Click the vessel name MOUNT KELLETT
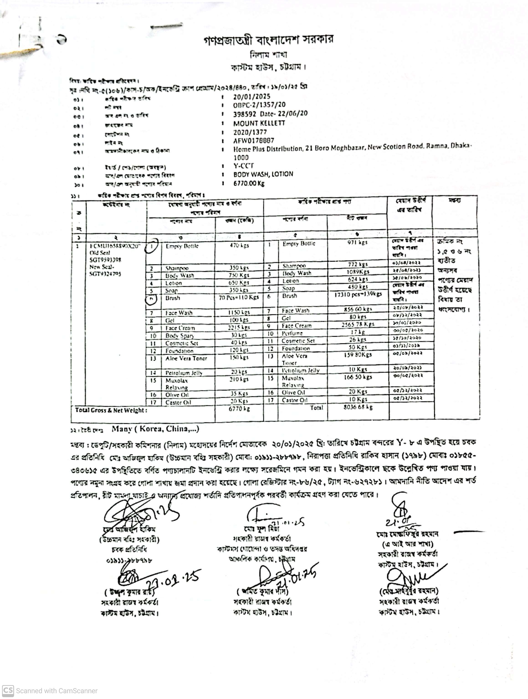click(x=259, y=123)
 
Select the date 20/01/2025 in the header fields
click(x=252, y=97)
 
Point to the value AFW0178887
click(x=254, y=141)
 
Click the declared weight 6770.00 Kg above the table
click(x=249, y=183)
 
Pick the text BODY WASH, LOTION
click(x=263, y=174)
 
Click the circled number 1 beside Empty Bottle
click(x=152, y=247)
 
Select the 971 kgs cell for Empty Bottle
click(x=357, y=242)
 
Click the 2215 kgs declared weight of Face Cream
click(x=239, y=328)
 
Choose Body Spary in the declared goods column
click(x=179, y=336)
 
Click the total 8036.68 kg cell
click(x=358, y=407)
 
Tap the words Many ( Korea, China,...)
click(x=155, y=429)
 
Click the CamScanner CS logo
click(x=8, y=691)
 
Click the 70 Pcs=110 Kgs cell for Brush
click(x=239, y=297)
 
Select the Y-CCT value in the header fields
click(x=243, y=166)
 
